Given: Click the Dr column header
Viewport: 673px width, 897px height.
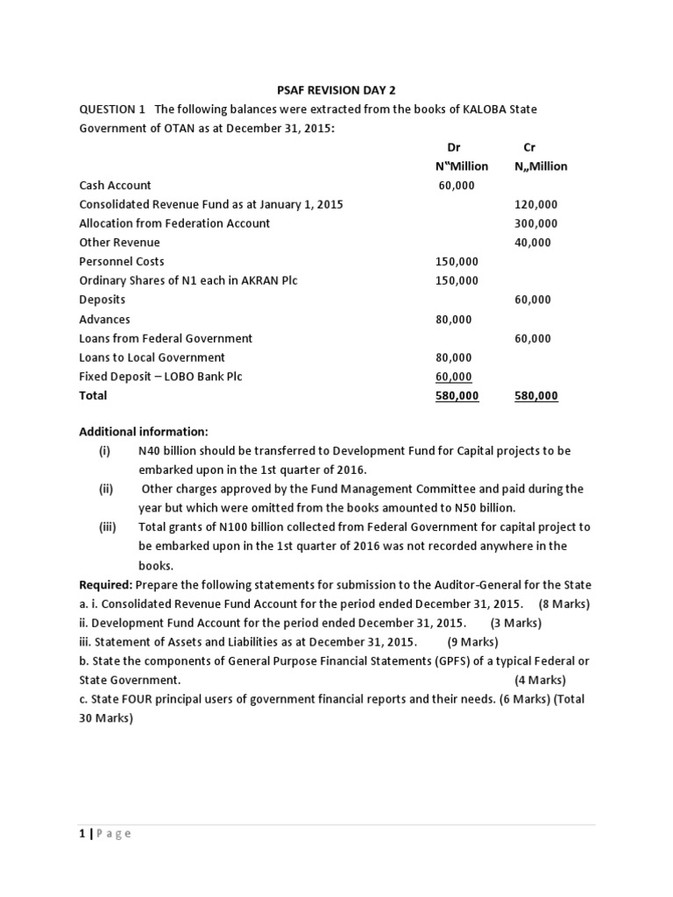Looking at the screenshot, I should click(x=454, y=147).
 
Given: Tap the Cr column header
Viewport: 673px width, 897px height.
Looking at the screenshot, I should click(x=528, y=147).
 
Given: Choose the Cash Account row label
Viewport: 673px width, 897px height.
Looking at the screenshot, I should click(x=115, y=185).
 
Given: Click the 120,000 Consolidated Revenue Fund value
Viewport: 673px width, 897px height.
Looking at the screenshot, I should click(x=535, y=204).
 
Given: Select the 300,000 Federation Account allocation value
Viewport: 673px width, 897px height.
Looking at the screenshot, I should click(x=535, y=223).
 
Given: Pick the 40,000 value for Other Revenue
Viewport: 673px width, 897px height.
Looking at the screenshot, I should click(x=533, y=243).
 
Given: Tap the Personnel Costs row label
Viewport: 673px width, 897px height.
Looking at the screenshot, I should click(x=122, y=261).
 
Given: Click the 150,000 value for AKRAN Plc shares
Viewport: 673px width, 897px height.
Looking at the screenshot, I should click(x=457, y=280).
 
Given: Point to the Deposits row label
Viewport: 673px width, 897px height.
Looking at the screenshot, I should click(x=103, y=300).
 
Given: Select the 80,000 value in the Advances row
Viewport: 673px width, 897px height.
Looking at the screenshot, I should click(x=453, y=319).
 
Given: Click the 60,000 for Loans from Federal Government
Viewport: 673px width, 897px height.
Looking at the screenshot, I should click(x=533, y=338).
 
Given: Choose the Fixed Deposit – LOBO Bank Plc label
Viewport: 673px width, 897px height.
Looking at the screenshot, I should click(x=160, y=377).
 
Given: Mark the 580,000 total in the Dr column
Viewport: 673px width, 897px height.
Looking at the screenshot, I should click(x=457, y=396).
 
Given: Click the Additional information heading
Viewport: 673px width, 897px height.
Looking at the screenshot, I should click(x=144, y=432).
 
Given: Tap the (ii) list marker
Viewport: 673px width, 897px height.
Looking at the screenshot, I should click(x=107, y=489).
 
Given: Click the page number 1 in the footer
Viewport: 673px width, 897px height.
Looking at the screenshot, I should click(x=82, y=833).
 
